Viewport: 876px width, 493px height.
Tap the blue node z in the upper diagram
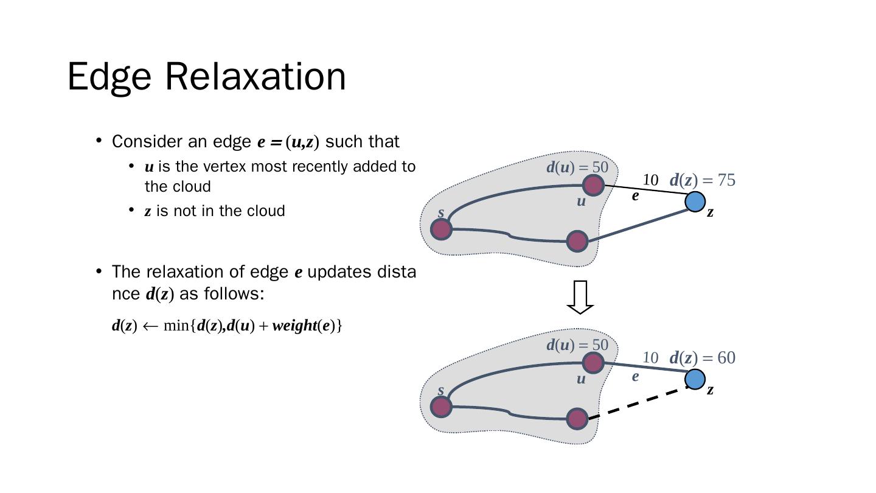695,202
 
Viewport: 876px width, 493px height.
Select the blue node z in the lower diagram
695,380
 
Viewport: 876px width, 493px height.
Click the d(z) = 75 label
703,180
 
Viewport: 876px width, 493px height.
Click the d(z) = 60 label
703,358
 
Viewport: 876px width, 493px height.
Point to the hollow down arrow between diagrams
580,298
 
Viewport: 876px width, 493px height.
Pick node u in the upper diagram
593,186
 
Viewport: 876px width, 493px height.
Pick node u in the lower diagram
593,363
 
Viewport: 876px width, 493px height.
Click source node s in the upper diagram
442,229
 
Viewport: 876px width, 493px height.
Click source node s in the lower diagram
442,407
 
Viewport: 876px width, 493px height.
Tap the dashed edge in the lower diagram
638,403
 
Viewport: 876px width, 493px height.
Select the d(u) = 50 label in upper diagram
577,167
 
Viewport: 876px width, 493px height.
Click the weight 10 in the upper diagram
651,180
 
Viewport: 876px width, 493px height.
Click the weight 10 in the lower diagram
651,358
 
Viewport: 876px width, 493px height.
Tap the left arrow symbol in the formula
150,326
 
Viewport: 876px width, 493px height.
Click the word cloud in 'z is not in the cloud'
266,211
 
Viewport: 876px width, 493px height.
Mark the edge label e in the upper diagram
636,195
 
